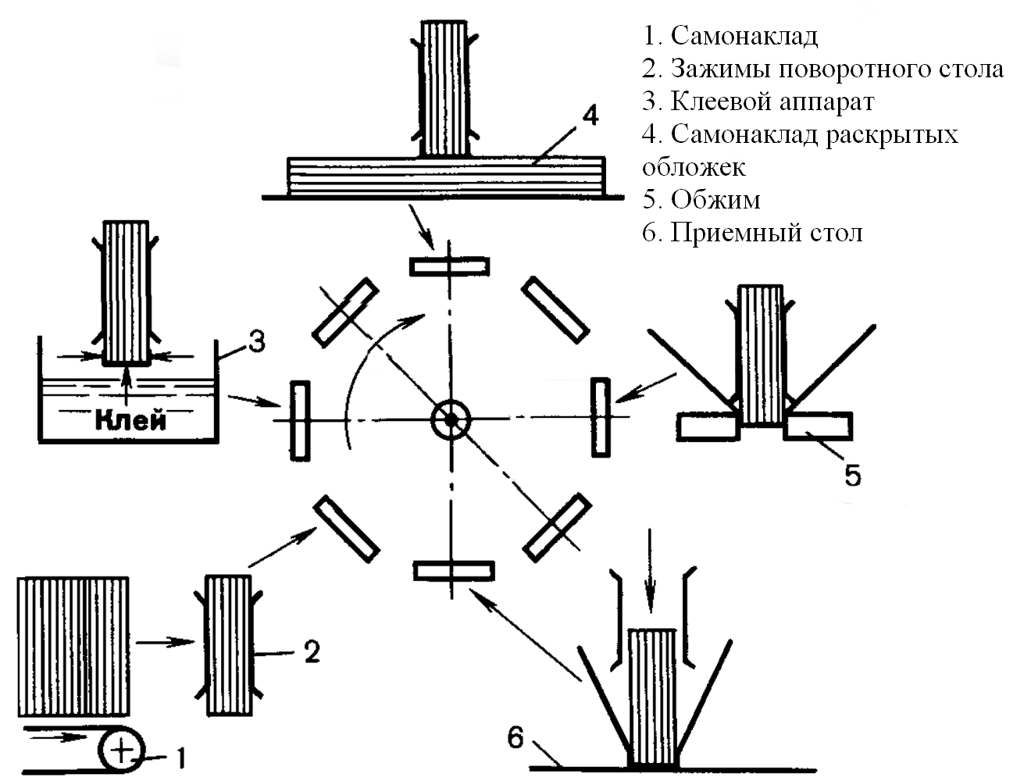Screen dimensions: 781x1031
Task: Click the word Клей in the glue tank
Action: click(x=130, y=421)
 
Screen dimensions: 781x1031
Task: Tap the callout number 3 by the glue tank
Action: click(x=257, y=341)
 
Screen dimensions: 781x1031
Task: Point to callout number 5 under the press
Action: click(x=852, y=474)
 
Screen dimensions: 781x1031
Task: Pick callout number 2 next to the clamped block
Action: click(x=312, y=651)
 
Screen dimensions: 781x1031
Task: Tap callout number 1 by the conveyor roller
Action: click(x=180, y=757)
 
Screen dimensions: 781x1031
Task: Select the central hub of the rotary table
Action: click(x=451, y=419)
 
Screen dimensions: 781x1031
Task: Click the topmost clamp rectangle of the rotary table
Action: click(x=450, y=266)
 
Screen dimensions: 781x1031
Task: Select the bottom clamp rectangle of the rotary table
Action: click(x=453, y=571)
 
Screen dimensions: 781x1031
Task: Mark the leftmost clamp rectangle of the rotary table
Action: click(x=300, y=419)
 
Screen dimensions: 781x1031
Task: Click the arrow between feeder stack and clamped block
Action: click(x=166, y=642)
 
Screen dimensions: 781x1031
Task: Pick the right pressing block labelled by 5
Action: click(x=818, y=426)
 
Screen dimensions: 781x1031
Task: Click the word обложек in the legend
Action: click(x=694, y=167)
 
